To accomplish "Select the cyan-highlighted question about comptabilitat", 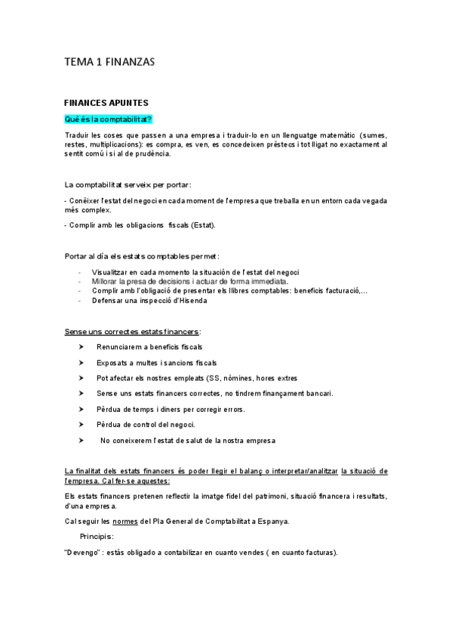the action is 109,119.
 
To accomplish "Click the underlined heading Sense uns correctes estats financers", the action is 132,331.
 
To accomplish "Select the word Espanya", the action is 273,521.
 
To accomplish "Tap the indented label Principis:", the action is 97,536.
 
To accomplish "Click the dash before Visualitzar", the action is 79,271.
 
